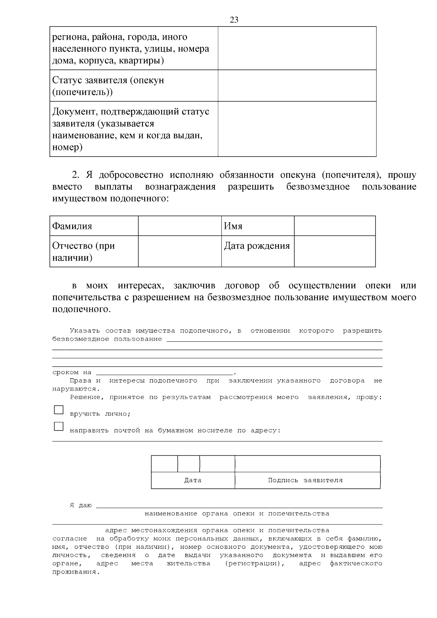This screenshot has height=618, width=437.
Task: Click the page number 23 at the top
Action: pyautogui.click(x=234, y=20)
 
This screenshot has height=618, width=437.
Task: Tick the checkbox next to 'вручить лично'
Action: pyautogui.click(x=59, y=410)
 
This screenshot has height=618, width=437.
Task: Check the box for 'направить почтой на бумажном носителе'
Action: pyautogui.click(x=59, y=426)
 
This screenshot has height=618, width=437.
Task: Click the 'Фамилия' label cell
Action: pyautogui.click(x=94, y=226)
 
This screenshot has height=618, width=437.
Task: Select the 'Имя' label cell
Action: pyautogui.click(x=257, y=226)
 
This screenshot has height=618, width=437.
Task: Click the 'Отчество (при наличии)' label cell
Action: pyautogui.click(x=94, y=251)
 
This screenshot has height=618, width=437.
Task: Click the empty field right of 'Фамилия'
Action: pyautogui.click(x=180, y=226)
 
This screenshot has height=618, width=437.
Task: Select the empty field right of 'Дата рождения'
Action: pyautogui.click(x=335, y=251)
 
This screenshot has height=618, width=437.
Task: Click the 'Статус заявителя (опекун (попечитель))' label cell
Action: pyautogui.click(x=134, y=86)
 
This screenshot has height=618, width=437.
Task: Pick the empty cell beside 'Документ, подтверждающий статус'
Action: pyautogui.click(x=297, y=129)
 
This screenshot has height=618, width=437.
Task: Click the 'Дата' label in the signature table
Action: pyautogui.click(x=193, y=480)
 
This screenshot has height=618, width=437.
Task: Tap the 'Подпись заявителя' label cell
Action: pyautogui.click(x=306, y=480)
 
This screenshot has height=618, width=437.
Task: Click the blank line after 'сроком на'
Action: pyautogui.click(x=164, y=372)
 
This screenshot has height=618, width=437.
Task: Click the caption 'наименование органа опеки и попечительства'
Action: pyautogui.click(x=237, y=514)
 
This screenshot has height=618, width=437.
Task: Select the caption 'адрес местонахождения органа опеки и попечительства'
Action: pyautogui.click(x=217, y=530)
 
